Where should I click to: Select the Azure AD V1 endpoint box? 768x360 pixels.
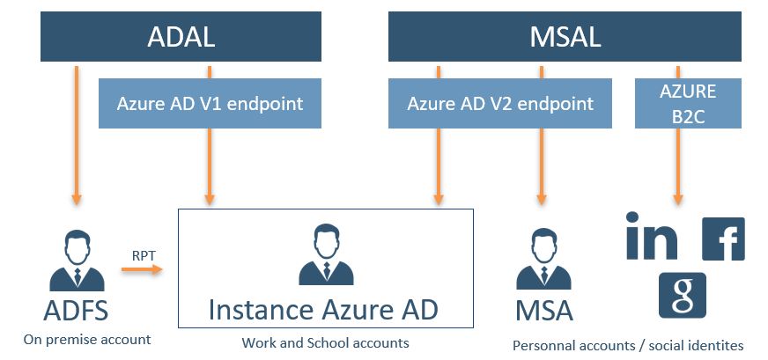click(210, 103)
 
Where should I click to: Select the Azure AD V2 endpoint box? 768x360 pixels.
click(500, 103)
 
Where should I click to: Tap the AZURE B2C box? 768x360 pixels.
click(688, 103)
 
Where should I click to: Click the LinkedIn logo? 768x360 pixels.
click(652, 236)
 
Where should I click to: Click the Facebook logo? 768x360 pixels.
click(723, 239)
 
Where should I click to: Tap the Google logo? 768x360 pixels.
click(683, 295)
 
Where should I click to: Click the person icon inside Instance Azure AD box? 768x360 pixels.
click(326, 257)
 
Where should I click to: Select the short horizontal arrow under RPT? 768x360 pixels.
click(142, 269)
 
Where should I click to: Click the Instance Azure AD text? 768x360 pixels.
click(324, 310)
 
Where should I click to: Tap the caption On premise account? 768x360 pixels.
click(87, 339)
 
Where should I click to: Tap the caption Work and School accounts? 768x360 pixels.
click(326, 342)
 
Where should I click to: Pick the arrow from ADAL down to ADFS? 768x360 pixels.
click(77, 132)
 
